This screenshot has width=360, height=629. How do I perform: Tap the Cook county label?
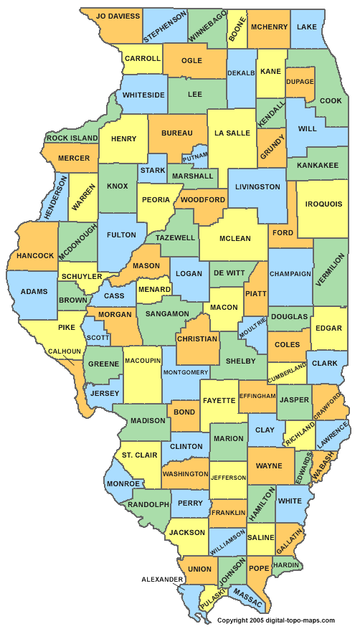point(331,101)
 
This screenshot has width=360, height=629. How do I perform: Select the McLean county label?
point(235,239)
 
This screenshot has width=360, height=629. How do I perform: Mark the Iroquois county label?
point(323,204)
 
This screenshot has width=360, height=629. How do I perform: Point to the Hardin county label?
point(285,564)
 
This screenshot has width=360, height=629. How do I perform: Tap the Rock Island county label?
point(72,138)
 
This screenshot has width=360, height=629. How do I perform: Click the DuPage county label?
point(300,82)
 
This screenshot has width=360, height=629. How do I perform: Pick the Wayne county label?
point(269,465)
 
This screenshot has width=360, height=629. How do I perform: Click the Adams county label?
point(34,292)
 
